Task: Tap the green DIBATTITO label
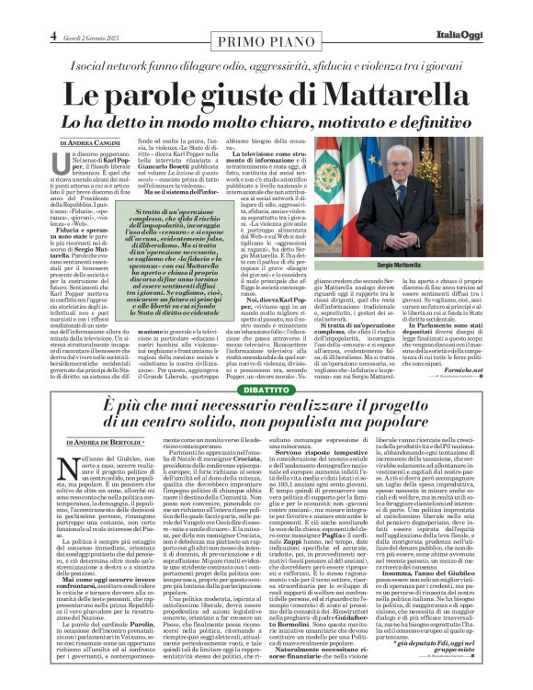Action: tap(266, 388)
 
